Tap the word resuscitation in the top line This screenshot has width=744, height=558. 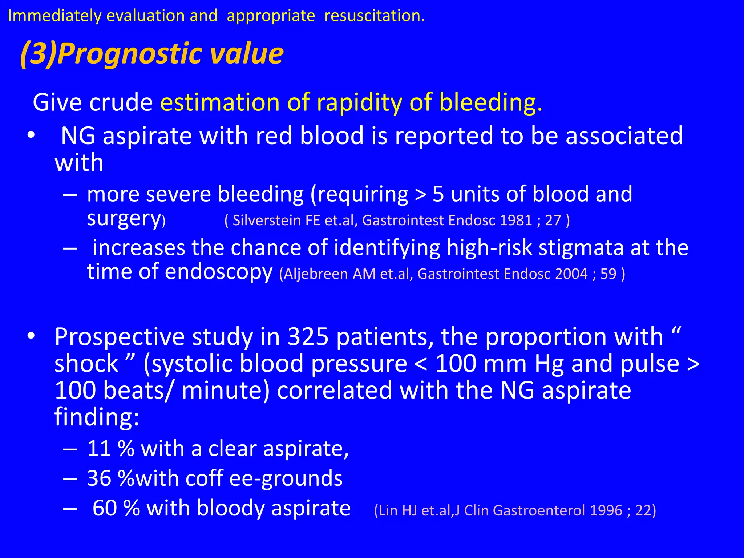(x=374, y=16)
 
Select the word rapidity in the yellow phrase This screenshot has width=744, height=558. (x=359, y=102)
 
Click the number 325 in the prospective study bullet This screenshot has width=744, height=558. (x=308, y=337)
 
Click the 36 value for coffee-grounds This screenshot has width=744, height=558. (x=99, y=478)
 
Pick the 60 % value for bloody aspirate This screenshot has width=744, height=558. (x=116, y=508)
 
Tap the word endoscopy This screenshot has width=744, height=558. (x=218, y=272)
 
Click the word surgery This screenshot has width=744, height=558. (x=124, y=219)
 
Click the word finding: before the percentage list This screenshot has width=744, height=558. (x=97, y=417)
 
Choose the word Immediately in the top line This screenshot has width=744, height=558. (x=54, y=16)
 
